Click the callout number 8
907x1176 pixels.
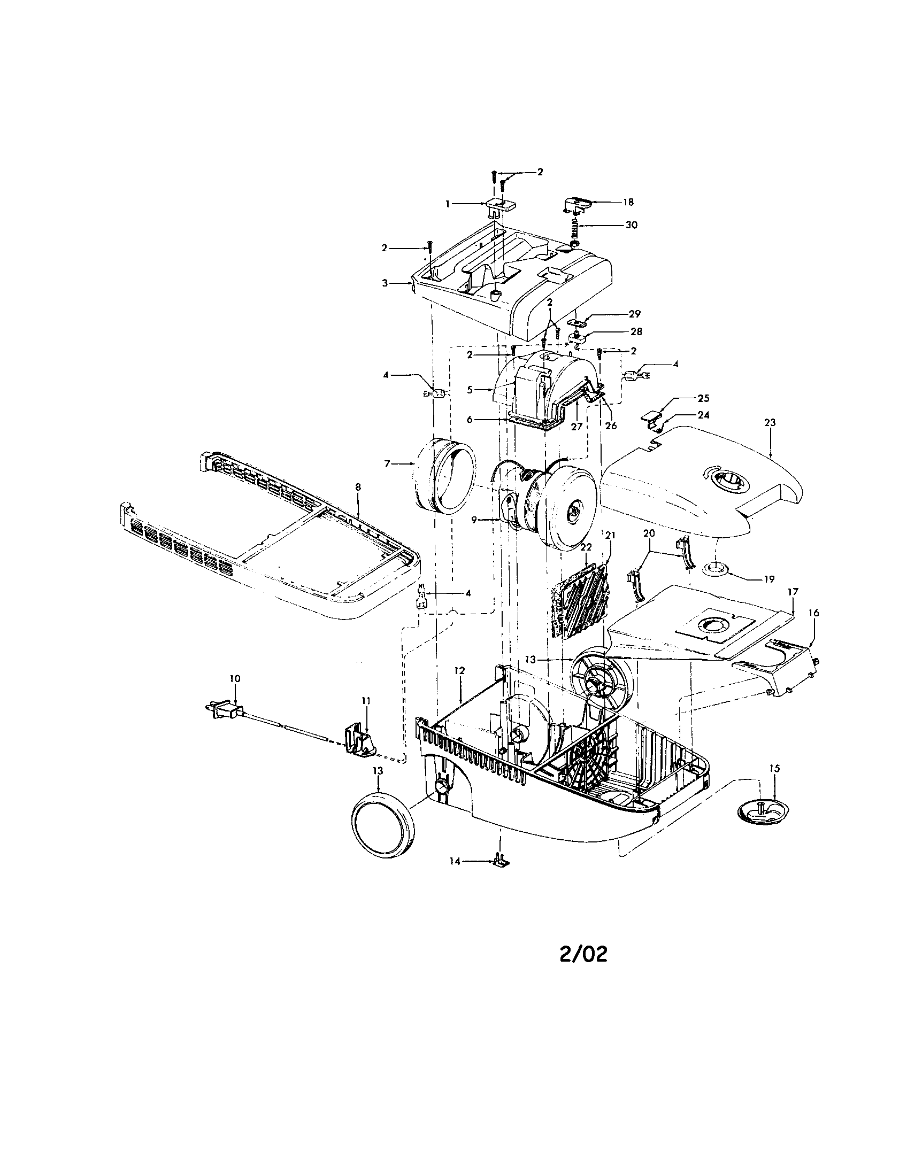click(358, 487)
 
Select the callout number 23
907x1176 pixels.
click(770, 423)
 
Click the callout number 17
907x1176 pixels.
click(792, 592)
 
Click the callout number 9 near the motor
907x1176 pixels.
click(474, 520)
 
